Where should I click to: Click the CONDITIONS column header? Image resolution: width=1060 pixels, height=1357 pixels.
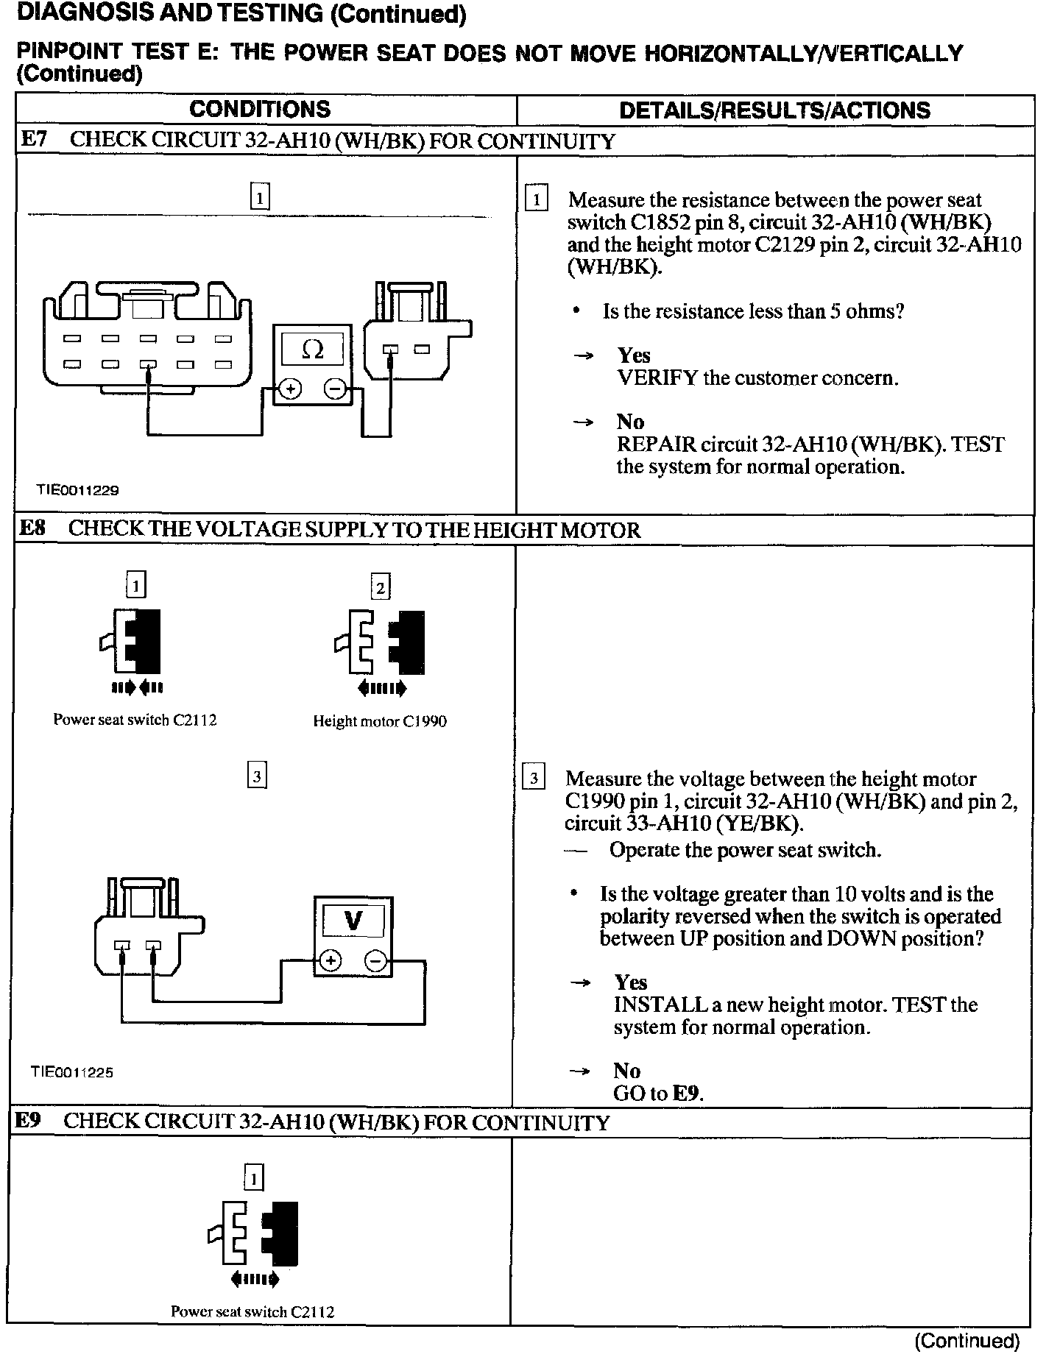click(260, 109)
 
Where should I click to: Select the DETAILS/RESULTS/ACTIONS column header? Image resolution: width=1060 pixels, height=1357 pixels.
click(774, 110)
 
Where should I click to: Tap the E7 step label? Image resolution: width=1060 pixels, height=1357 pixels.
click(33, 140)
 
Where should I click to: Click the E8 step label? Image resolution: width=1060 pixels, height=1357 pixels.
click(32, 529)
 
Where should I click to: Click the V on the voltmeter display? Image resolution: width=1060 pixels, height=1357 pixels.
click(353, 921)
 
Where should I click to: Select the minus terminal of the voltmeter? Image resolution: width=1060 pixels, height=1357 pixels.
click(375, 960)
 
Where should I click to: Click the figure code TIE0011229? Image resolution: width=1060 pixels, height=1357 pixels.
click(78, 489)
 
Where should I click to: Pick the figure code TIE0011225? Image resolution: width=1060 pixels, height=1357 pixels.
click(72, 1071)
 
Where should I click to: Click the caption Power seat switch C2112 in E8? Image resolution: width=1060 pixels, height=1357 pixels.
click(135, 720)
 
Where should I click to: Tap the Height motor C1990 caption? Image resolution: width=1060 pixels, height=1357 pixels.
click(380, 721)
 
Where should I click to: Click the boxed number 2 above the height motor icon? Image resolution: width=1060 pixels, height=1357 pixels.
click(381, 587)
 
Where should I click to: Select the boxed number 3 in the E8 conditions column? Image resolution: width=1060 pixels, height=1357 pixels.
click(257, 776)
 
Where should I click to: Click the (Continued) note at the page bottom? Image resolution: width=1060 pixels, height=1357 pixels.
click(967, 1341)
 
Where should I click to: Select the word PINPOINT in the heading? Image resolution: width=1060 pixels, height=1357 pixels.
click(69, 53)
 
